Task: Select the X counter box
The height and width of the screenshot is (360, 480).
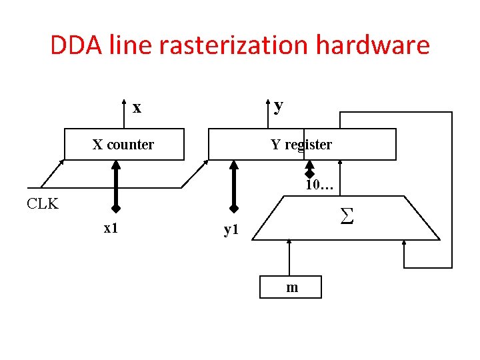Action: (x=123, y=145)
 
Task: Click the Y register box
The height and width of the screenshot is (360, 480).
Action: (x=301, y=145)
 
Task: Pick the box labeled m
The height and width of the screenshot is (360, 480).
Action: (x=292, y=287)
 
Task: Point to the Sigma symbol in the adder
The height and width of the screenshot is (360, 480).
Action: (x=346, y=215)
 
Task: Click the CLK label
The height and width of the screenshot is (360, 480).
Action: (x=43, y=204)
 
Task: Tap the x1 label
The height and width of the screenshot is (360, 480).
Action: (x=111, y=228)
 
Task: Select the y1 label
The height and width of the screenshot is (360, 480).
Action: (x=231, y=230)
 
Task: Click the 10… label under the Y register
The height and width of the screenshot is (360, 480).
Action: (x=319, y=185)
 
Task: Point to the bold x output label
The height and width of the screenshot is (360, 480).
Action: (x=137, y=107)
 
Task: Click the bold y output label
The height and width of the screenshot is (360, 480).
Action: (x=279, y=105)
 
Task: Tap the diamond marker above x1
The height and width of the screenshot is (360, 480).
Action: (x=115, y=207)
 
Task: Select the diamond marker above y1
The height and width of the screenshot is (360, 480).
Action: (x=233, y=207)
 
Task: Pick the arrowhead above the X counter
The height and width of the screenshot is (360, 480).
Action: (x=124, y=102)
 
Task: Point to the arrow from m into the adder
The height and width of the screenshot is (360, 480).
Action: (x=289, y=257)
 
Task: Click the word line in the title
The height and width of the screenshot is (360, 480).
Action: (x=131, y=46)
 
